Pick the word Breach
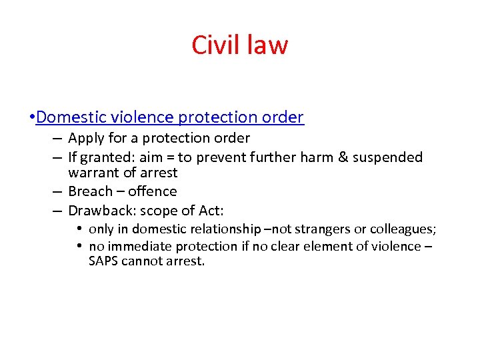[90, 192]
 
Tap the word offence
[153, 192]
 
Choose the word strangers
[317, 230]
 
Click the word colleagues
[399, 230]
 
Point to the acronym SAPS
[103, 261]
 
